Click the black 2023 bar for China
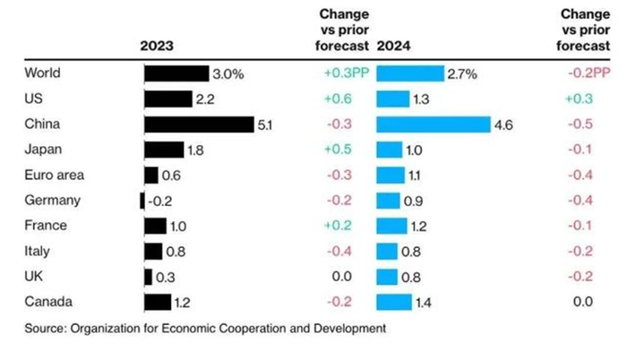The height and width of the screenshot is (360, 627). point(198,124)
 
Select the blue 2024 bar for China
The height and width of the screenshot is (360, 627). point(434,124)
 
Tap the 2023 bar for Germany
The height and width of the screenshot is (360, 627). point(142,201)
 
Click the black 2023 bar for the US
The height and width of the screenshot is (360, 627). point(167,99)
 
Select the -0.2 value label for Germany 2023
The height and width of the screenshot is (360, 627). point(159,201)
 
